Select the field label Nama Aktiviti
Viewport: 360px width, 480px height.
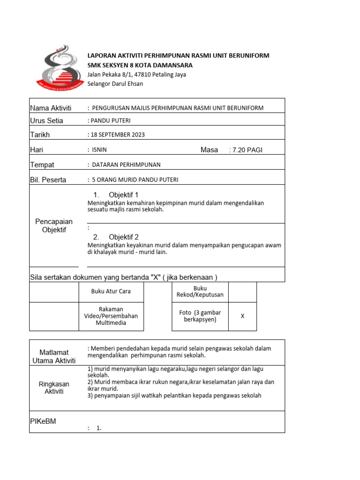(51, 108)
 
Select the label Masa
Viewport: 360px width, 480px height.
(209, 150)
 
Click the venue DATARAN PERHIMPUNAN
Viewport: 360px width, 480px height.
(126, 165)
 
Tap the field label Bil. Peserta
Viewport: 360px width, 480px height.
(48, 180)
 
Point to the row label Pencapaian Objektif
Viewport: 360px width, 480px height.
(54, 225)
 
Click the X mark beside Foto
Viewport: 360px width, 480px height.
(242, 316)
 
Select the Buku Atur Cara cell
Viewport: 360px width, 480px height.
(111, 292)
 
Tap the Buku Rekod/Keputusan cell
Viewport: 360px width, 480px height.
(200, 292)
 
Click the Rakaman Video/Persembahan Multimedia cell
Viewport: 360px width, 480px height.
(111, 316)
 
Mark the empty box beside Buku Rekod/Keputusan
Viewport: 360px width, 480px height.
(242, 292)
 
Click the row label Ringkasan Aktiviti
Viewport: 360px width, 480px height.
(54, 388)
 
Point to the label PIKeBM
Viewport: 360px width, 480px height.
(43, 421)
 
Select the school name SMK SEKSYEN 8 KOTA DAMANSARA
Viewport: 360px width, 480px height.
(140, 65)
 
